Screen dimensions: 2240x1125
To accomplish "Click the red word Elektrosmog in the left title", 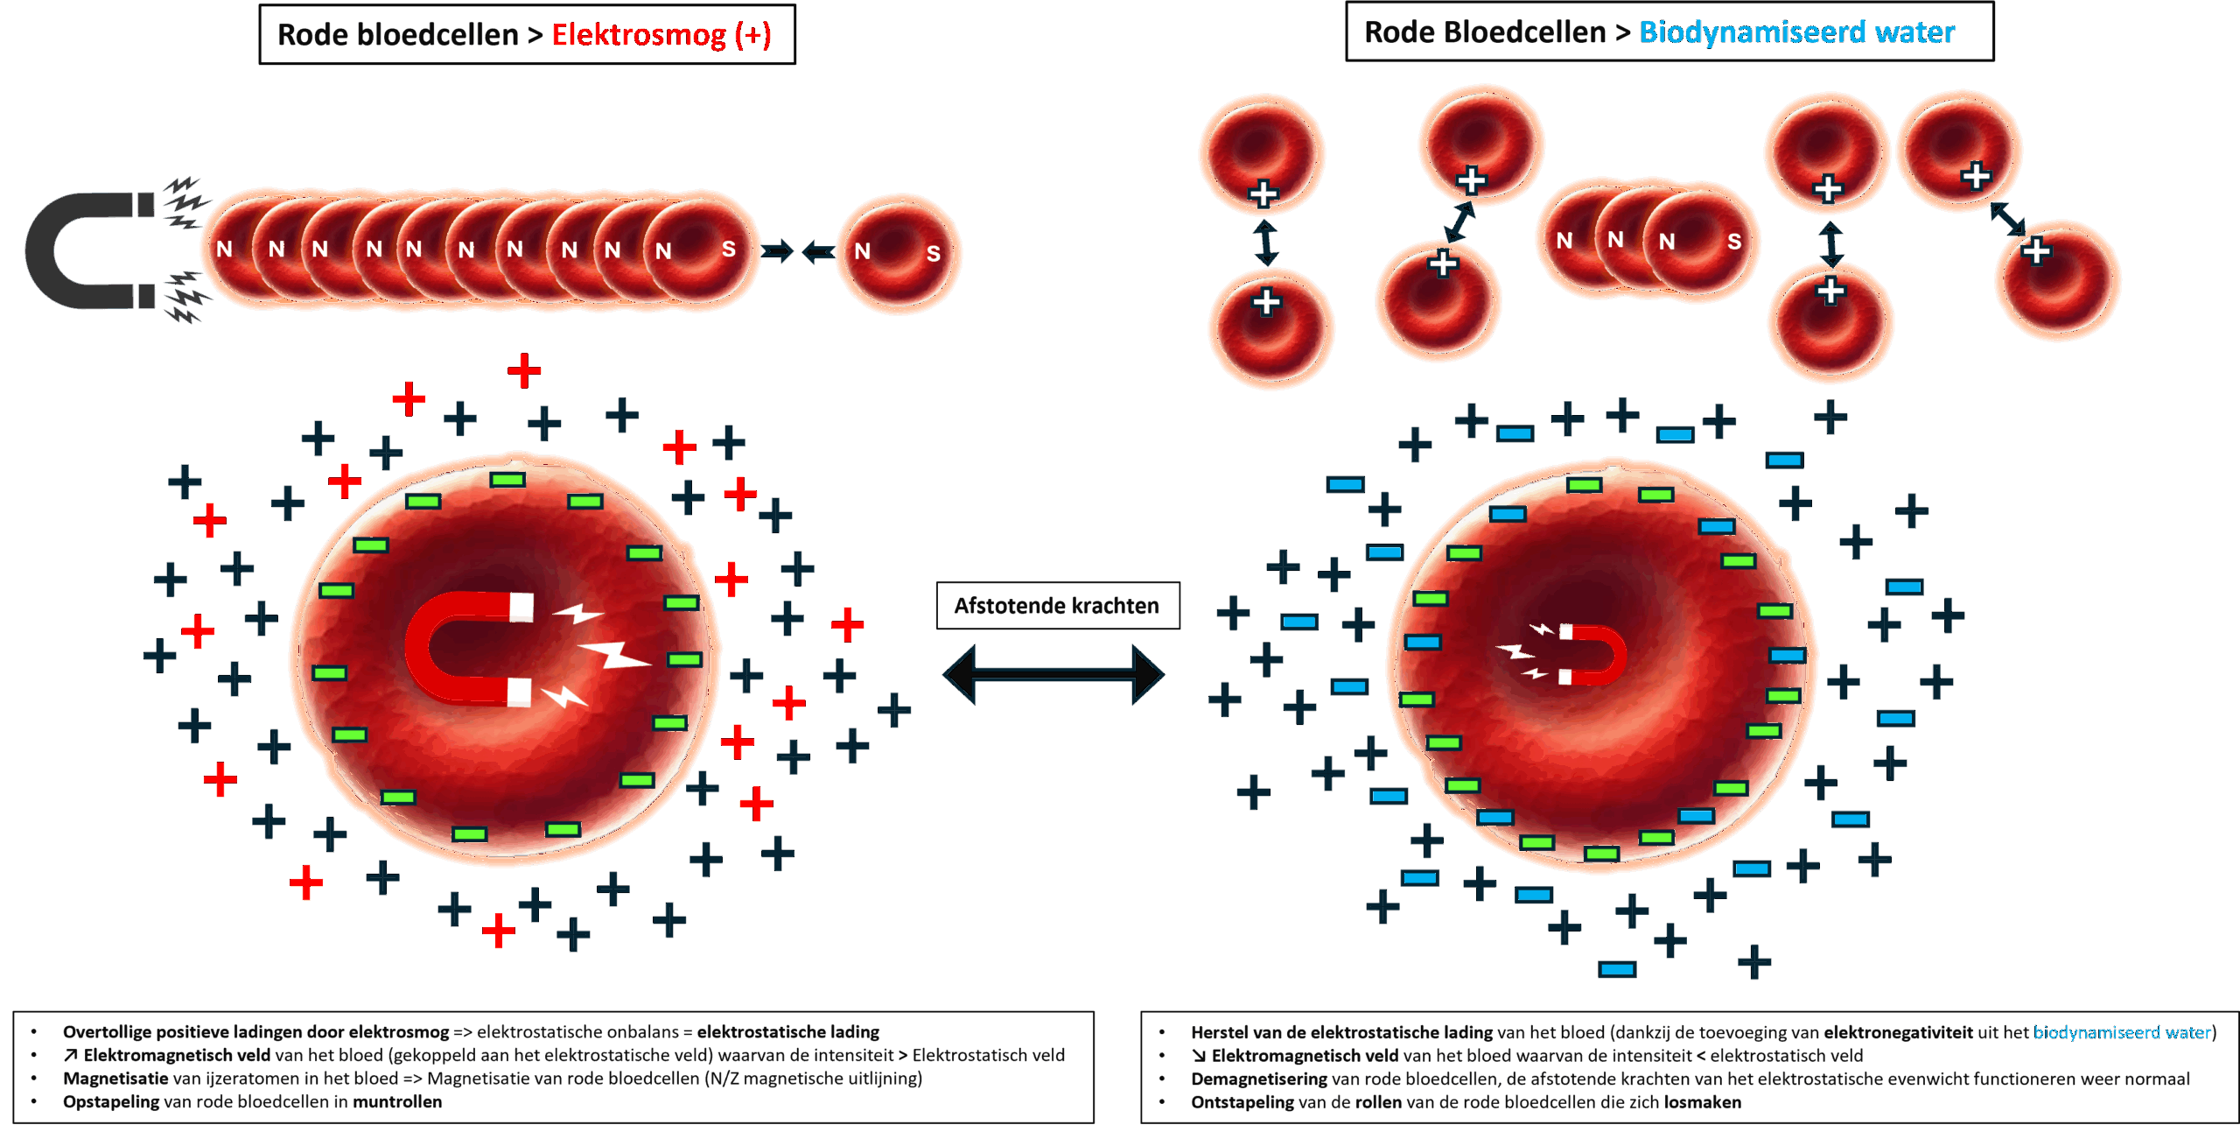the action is (x=639, y=35).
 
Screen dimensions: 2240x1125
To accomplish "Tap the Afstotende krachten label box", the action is (x=1058, y=605).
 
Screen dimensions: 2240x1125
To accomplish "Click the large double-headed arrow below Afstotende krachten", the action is (x=1053, y=674).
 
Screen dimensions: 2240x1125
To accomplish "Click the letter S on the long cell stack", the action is (x=728, y=250).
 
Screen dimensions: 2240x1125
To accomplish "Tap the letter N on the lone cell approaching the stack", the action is (x=863, y=251).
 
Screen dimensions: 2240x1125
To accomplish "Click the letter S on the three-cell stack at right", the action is (x=1734, y=242).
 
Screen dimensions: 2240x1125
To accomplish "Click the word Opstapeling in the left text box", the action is (x=111, y=1101).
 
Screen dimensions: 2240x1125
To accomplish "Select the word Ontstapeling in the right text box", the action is (x=1242, y=1102).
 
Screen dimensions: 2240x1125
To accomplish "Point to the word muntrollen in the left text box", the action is (x=397, y=1101).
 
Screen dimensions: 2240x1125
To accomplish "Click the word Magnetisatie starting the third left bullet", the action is (x=115, y=1078).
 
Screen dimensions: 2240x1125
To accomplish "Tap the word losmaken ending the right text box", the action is (x=1703, y=1102).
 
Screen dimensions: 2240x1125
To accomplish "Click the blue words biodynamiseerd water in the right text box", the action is (x=2122, y=1032).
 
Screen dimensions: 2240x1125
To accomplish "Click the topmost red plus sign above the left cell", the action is (x=524, y=371).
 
